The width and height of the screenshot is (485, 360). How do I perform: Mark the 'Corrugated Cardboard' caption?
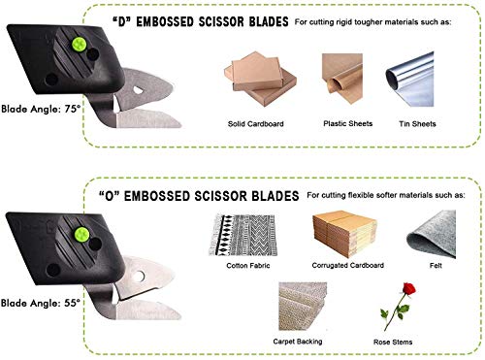(x=341, y=264)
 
